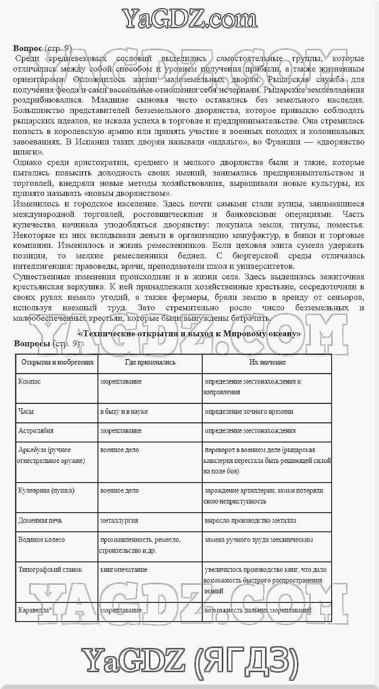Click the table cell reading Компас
[x=30, y=381]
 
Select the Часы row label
[x=26, y=411]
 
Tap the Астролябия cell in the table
[x=36, y=431]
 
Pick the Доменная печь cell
[x=40, y=520]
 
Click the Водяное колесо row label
[x=41, y=540]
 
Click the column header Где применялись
[x=150, y=362]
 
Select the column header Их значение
[x=267, y=362]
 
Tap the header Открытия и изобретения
[x=57, y=362]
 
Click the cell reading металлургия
[x=119, y=520]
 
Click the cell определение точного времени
[x=249, y=411]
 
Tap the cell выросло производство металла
[x=251, y=520]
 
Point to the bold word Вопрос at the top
[x=28, y=48]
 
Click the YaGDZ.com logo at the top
[x=189, y=19]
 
